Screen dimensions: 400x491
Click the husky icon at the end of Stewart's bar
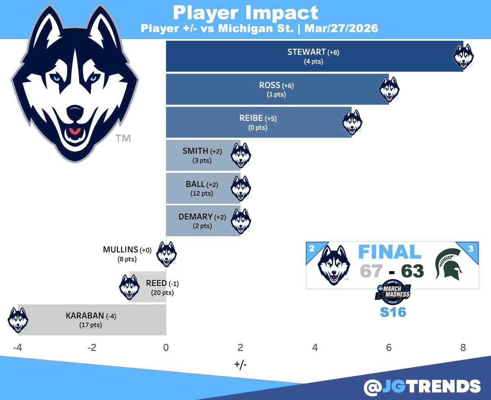464,56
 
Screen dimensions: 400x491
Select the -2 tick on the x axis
92,349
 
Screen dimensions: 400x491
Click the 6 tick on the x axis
389,349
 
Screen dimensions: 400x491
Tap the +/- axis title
240,363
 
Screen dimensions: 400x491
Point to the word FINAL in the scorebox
390,252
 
